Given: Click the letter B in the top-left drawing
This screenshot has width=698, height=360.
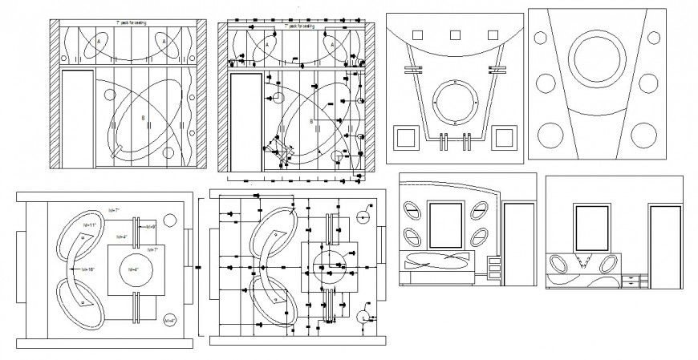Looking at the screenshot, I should (143, 119).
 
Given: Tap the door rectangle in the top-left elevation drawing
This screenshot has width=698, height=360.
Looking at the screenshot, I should (79, 120).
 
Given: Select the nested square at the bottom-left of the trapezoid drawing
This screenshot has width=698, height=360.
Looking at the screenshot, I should (404, 136).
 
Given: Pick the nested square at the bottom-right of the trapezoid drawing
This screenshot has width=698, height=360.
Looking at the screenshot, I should (505, 136).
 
